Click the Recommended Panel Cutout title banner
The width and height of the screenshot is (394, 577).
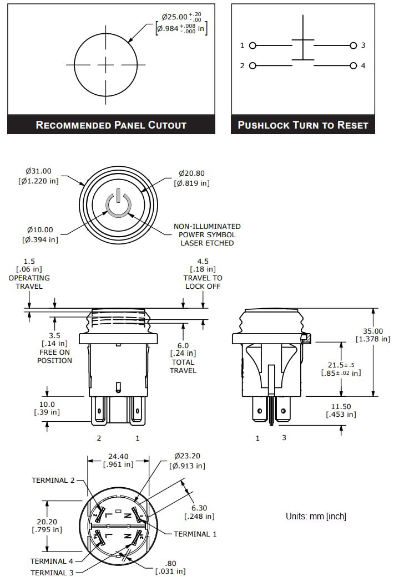pos(111,125)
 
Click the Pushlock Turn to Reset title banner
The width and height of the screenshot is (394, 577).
pos(303,125)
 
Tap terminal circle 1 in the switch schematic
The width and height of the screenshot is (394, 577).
pos(252,45)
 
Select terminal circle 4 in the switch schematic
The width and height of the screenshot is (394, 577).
pos(353,66)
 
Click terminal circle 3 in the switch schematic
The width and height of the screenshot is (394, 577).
pos(353,45)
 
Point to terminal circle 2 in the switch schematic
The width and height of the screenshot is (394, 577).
pos(252,66)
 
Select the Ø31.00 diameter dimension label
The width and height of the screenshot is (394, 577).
pos(38,176)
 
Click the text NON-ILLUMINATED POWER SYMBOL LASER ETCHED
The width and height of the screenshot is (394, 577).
pos(207,234)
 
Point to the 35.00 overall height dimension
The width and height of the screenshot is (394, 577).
pos(372,335)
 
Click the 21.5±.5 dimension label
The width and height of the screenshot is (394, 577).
pos(341,369)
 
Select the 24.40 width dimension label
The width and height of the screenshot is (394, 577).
pos(118,460)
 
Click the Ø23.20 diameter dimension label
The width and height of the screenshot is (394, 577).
pos(188,461)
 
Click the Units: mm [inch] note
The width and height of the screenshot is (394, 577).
pos(316,516)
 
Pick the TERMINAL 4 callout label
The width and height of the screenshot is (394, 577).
pos(52,561)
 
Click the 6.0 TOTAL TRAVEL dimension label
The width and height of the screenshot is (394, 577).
pos(183,358)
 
